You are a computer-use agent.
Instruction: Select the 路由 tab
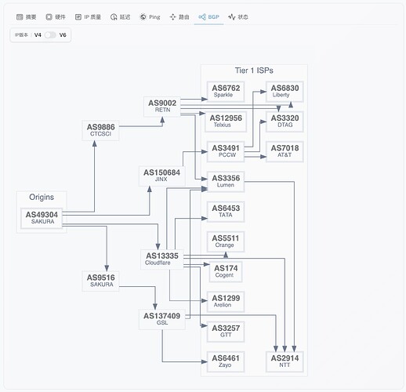(179, 16)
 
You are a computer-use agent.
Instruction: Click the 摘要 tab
(27, 16)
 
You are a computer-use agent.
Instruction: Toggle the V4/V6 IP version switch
(50, 34)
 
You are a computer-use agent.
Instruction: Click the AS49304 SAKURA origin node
(42, 218)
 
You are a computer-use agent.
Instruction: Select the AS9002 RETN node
(162, 106)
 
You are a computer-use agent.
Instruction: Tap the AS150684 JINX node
(161, 176)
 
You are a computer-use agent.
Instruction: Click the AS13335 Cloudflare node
(162, 259)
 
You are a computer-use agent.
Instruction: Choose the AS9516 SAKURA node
(102, 280)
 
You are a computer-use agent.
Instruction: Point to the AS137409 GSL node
(161, 319)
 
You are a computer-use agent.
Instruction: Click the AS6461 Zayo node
(227, 361)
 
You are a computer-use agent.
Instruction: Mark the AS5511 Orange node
(227, 241)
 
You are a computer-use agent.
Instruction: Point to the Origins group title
(42, 197)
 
